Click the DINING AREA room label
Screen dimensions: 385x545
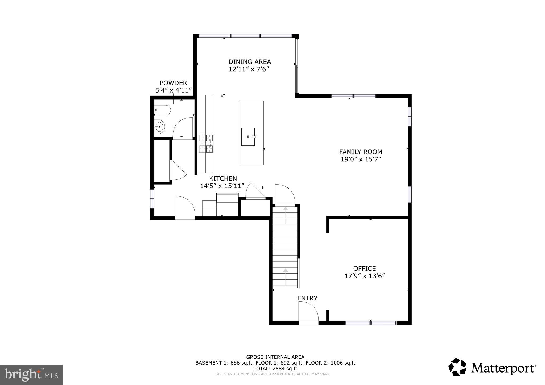click(250, 62)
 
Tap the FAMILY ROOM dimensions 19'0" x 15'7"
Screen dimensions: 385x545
click(361, 159)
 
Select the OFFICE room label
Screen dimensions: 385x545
click(364, 269)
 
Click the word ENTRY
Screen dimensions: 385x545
click(307, 298)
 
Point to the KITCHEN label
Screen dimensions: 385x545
click(223, 178)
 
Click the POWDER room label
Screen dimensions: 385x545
click(173, 83)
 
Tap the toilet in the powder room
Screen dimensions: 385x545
click(162, 110)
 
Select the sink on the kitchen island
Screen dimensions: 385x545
click(248, 137)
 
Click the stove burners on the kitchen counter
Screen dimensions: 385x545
click(206, 143)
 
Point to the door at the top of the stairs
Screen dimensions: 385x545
click(285, 195)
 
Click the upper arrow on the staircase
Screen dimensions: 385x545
click(286, 209)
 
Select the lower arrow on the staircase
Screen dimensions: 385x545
click(286, 270)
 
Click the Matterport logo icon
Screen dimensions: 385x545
click(457, 367)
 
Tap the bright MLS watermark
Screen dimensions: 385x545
click(31, 375)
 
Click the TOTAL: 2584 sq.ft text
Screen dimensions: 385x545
click(275, 369)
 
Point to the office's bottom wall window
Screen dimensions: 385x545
click(370, 323)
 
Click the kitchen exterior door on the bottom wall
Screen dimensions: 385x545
click(185, 207)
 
